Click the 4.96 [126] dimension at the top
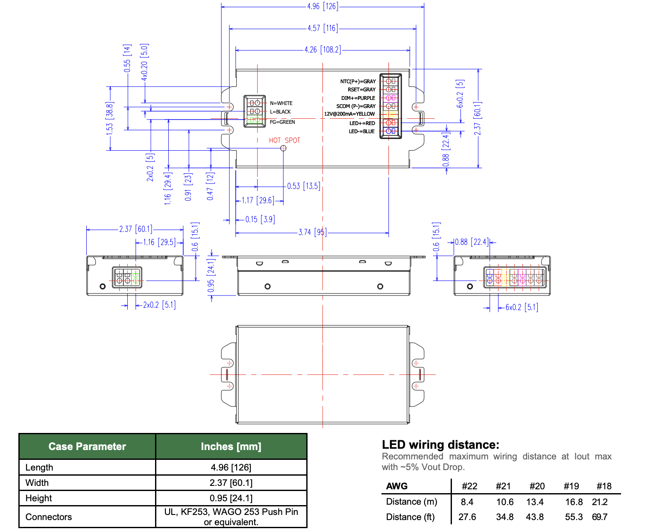(x=322, y=6)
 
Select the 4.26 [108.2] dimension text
(x=322, y=50)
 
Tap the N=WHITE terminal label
(x=281, y=103)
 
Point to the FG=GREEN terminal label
(x=282, y=122)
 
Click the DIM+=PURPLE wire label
(x=358, y=98)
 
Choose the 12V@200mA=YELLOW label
(x=349, y=114)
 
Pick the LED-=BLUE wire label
(x=361, y=132)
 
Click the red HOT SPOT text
(x=284, y=140)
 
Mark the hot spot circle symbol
(x=283, y=148)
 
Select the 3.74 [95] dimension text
(x=312, y=232)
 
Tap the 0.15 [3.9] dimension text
(x=260, y=219)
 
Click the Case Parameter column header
(x=87, y=447)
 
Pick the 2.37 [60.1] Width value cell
(x=231, y=483)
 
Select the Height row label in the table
(x=38, y=498)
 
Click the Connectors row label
(x=49, y=517)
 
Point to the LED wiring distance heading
(x=440, y=445)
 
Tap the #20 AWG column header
(x=537, y=486)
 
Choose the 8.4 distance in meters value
(x=467, y=502)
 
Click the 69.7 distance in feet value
(x=600, y=517)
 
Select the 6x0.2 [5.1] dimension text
(x=522, y=307)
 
